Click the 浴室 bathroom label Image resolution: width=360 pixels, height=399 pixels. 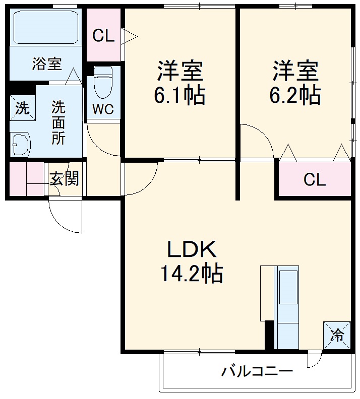[x=47, y=64]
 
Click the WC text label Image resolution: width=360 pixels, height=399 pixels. [x=103, y=109]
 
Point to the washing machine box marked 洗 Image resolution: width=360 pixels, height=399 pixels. [x=22, y=108]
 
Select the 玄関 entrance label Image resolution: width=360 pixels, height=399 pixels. [x=64, y=178]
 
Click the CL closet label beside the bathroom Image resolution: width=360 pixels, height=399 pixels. [x=103, y=36]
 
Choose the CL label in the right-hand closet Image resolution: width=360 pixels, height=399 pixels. [x=315, y=179]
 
